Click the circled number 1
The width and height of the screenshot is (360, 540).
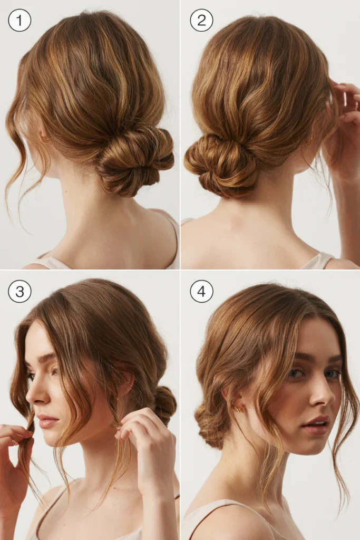(x=20, y=20)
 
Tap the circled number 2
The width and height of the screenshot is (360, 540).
(x=201, y=20)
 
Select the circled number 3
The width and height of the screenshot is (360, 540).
(x=20, y=291)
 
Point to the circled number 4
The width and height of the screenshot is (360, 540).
(x=201, y=291)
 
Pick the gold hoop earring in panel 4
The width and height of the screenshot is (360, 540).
(x=239, y=409)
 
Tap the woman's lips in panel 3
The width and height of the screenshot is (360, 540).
(x=47, y=421)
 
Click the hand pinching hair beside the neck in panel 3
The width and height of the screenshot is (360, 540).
(x=147, y=444)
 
